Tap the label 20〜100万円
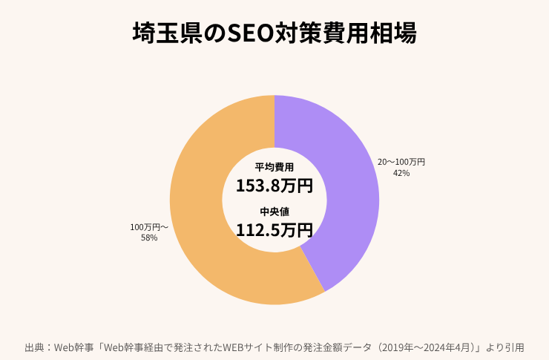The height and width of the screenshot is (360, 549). tap(401, 161)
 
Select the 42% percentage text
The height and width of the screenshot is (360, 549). tap(401, 173)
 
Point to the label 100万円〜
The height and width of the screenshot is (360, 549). tap(149, 226)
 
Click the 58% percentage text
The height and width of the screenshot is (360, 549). tap(149, 238)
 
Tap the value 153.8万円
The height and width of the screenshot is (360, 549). tap(274, 185)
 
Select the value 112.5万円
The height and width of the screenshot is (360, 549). tap(274, 229)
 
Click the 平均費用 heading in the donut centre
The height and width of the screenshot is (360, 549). tap(274, 167)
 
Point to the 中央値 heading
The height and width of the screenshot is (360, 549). tap(274, 212)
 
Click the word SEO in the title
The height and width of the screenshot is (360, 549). tap(251, 33)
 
